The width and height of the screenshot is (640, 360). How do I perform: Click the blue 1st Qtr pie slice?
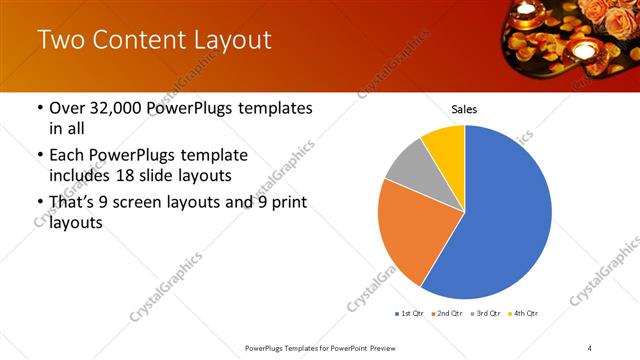click(500, 220)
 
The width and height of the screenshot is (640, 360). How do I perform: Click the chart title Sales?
click(464, 108)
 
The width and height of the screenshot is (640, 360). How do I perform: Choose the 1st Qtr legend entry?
click(410, 314)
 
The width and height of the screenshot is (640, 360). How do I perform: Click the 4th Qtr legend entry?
click(524, 314)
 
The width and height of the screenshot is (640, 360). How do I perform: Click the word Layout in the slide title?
click(225, 41)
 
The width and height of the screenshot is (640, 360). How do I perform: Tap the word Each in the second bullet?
click(68, 155)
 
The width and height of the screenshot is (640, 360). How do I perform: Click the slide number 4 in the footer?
click(590, 347)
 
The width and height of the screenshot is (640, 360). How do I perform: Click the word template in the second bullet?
click(212, 155)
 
